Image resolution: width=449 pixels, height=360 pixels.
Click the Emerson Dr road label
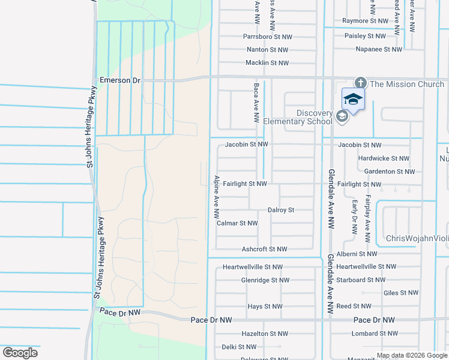click(x=119, y=80)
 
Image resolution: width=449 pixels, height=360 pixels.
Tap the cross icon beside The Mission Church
click(x=361, y=83)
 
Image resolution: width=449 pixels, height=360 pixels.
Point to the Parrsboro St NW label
click(x=267, y=37)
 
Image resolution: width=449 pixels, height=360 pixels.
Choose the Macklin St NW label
click(x=267, y=63)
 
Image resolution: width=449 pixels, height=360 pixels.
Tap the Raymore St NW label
click(x=366, y=21)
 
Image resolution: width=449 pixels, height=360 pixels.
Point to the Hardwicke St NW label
click(x=384, y=158)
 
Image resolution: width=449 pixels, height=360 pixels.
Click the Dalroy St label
click(x=281, y=210)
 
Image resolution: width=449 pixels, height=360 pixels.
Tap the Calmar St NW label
click(x=237, y=223)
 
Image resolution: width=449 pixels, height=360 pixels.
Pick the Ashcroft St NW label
click(x=264, y=249)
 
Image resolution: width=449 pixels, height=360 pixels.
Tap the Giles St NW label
click(x=401, y=293)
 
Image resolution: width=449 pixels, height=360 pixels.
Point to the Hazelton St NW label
click(x=264, y=334)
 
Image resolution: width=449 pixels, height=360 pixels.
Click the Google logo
click(x=20, y=353)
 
